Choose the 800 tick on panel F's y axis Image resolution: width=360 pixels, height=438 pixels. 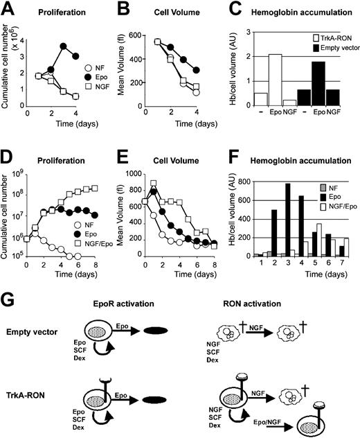coord(249,181)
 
